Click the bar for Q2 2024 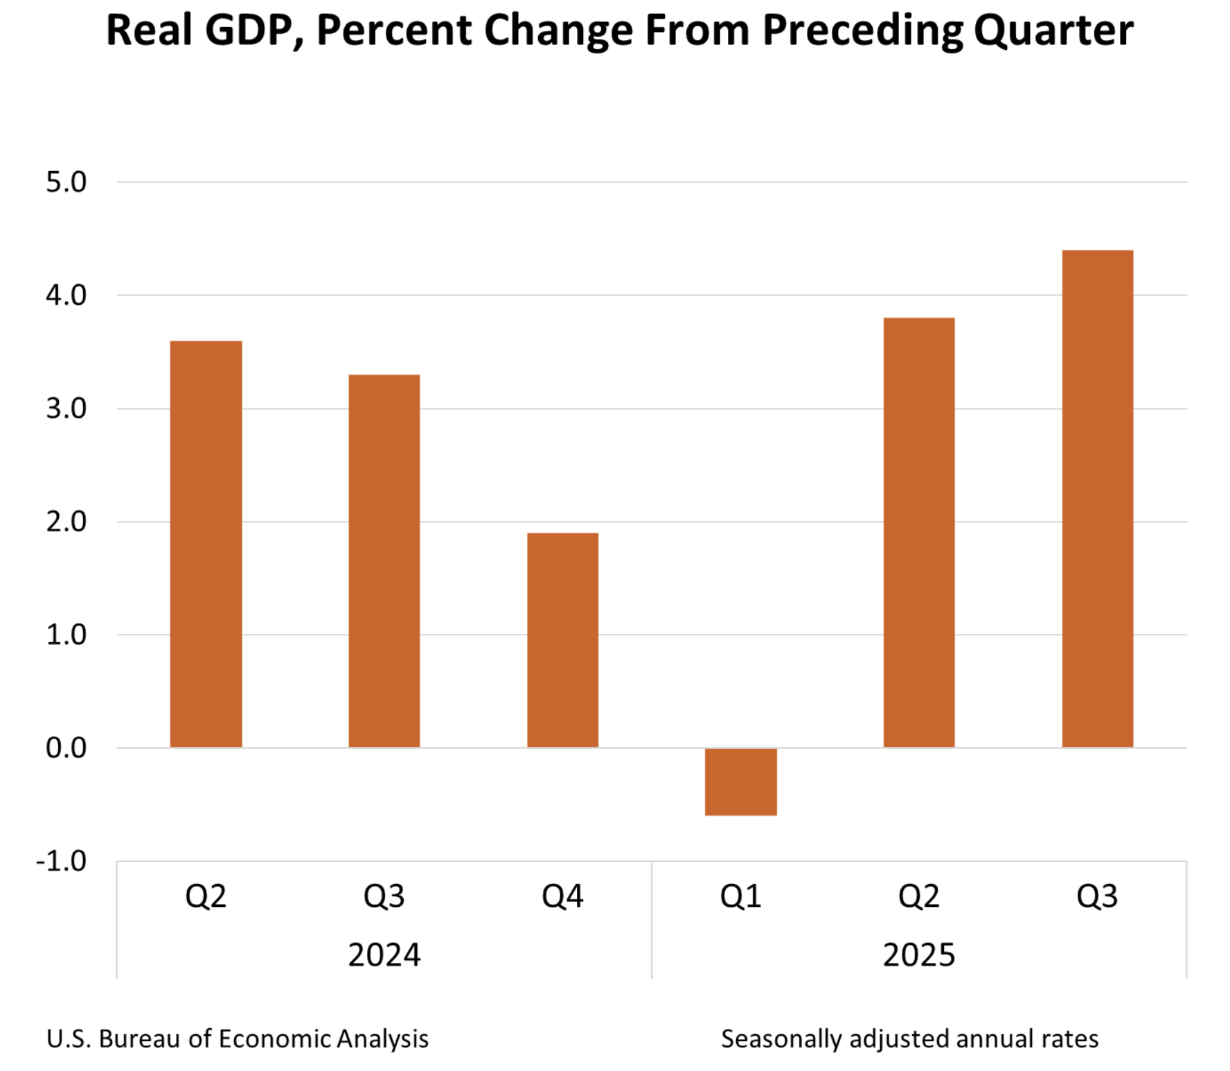point(206,544)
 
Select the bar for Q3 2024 point(384,561)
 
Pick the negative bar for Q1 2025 point(740,781)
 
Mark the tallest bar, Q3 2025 point(1097,499)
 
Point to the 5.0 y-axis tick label point(66,182)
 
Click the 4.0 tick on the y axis point(66,295)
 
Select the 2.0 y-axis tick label point(66,522)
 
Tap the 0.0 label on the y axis point(66,747)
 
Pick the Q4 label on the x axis point(562,896)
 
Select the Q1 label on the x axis point(740,896)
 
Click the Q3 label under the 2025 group point(1097,896)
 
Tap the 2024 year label point(384,955)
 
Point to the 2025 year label point(918,955)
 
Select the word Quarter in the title point(1053,30)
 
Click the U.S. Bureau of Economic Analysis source point(238,1038)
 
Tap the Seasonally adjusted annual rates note point(909,1038)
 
